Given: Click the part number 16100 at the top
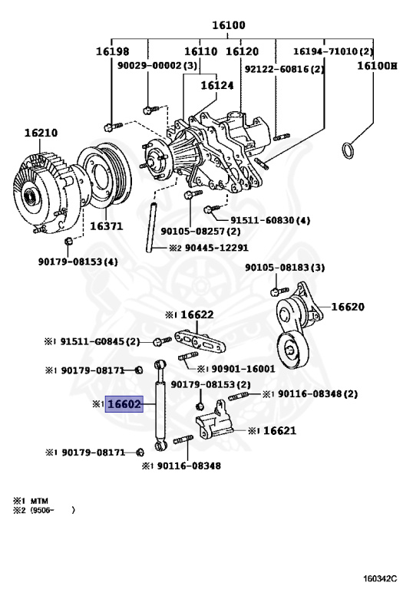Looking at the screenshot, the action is coord(229,25).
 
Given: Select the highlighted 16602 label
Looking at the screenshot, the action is coord(124,404).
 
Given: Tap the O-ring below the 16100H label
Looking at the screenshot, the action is coord(348,150).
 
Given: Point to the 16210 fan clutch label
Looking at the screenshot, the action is coord(41,133).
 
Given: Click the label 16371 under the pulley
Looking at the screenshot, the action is coord(106,226).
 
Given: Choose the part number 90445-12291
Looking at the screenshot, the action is coord(216,248).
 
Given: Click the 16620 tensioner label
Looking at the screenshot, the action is coord(348,307).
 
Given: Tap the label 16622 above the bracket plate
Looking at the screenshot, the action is coord(197,314).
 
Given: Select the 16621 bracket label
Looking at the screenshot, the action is coord(279,430).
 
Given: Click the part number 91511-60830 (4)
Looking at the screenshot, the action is coord(270,220).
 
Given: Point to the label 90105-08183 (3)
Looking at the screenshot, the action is coord(285,268).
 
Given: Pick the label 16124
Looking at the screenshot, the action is coord(217,86).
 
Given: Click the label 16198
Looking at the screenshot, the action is coord(112,51).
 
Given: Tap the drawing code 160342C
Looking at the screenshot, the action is coord(380,577).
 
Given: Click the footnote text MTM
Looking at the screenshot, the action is coord(39,500).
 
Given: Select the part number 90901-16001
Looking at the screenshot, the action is coord(243,368).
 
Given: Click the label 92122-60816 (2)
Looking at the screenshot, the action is coord(284,69).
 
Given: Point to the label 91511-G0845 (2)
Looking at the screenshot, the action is coord(100,341).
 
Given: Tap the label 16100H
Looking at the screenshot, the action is coord(377,66).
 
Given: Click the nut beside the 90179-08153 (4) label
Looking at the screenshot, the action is coord(68,241).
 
